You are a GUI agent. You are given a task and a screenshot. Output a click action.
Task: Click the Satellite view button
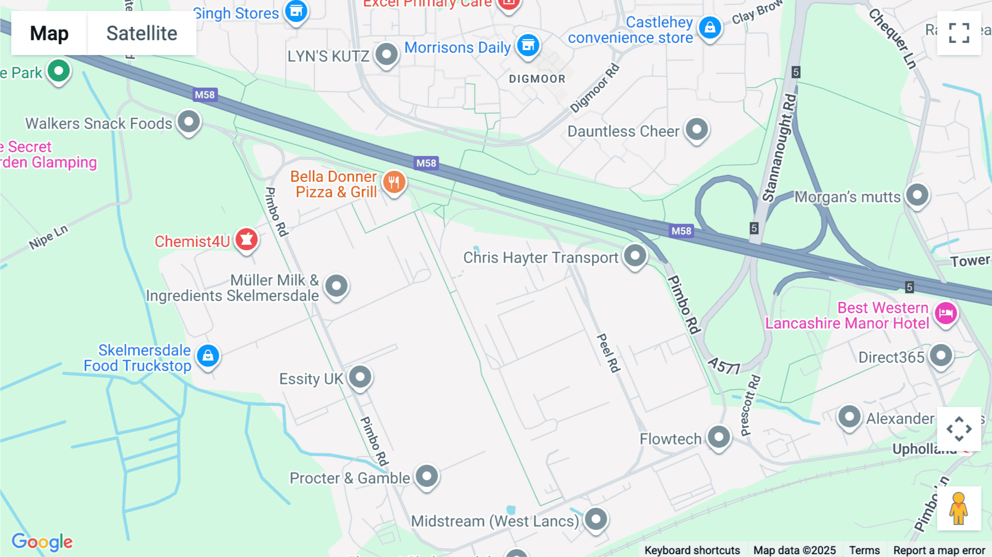coord(142,34)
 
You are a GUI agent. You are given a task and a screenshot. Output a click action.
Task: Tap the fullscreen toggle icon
coord(959,33)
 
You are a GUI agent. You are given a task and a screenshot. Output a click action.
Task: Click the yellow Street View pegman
coord(959,508)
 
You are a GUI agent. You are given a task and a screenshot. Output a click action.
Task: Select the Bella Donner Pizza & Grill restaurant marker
coord(394,182)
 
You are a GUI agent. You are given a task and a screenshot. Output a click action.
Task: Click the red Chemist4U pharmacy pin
coord(246,240)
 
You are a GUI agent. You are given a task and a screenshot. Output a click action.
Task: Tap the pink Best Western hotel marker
coord(946,313)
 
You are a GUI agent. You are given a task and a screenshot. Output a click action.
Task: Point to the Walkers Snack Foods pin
coord(189,121)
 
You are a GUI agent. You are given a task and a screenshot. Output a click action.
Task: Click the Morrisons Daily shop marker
coord(528,46)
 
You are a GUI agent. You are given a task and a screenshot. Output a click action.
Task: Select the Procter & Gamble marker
coord(427,476)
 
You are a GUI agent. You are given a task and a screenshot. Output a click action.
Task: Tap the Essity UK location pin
coord(360,377)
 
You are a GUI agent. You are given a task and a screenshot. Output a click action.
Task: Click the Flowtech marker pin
coord(719,437)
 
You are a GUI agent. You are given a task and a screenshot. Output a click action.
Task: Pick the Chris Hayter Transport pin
coord(635,256)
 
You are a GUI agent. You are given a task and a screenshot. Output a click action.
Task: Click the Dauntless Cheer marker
coord(697,130)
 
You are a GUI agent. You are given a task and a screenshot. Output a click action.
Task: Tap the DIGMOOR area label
coord(537,79)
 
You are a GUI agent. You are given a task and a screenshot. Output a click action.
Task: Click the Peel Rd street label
coord(608,352)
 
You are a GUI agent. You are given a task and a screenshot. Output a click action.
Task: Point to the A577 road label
coord(724,366)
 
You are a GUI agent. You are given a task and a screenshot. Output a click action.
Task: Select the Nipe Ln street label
coord(48,237)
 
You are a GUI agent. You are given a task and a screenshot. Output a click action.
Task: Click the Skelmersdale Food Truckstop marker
coord(208,356)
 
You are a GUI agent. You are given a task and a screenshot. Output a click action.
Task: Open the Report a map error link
coord(939,550)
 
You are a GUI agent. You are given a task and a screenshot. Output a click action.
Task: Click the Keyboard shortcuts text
coord(692,550)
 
